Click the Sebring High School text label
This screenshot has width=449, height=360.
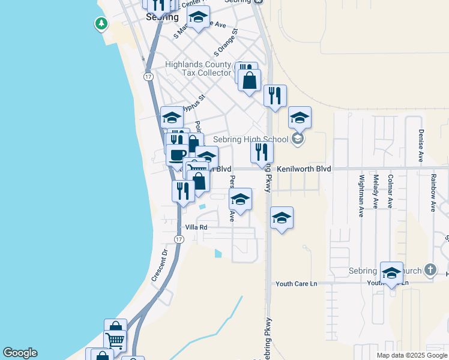pyautogui.click(x=251, y=140)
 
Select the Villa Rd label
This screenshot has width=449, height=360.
pyautogui.click(x=196, y=227)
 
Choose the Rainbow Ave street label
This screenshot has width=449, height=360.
pyautogui.click(x=432, y=193)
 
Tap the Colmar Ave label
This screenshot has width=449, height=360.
pyautogui.click(x=390, y=191)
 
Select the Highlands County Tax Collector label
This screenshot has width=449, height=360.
pyautogui.click(x=198, y=68)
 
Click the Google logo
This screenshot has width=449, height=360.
pyautogui.click(x=20, y=353)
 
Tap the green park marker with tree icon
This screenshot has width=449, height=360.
pyautogui.click(x=101, y=24)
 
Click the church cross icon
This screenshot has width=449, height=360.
pyautogui.click(x=430, y=270)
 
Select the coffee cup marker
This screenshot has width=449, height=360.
pyautogui.click(x=177, y=155)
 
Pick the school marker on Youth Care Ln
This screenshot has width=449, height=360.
pyautogui.click(x=391, y=274)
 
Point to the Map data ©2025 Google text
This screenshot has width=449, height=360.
pyautogui.click(x=412, y=355)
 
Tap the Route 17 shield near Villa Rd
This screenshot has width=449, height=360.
pyautogui.click(x=178, y=239)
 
